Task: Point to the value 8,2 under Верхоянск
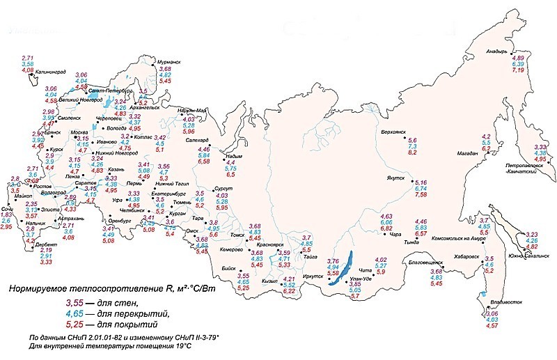point(412,152)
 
